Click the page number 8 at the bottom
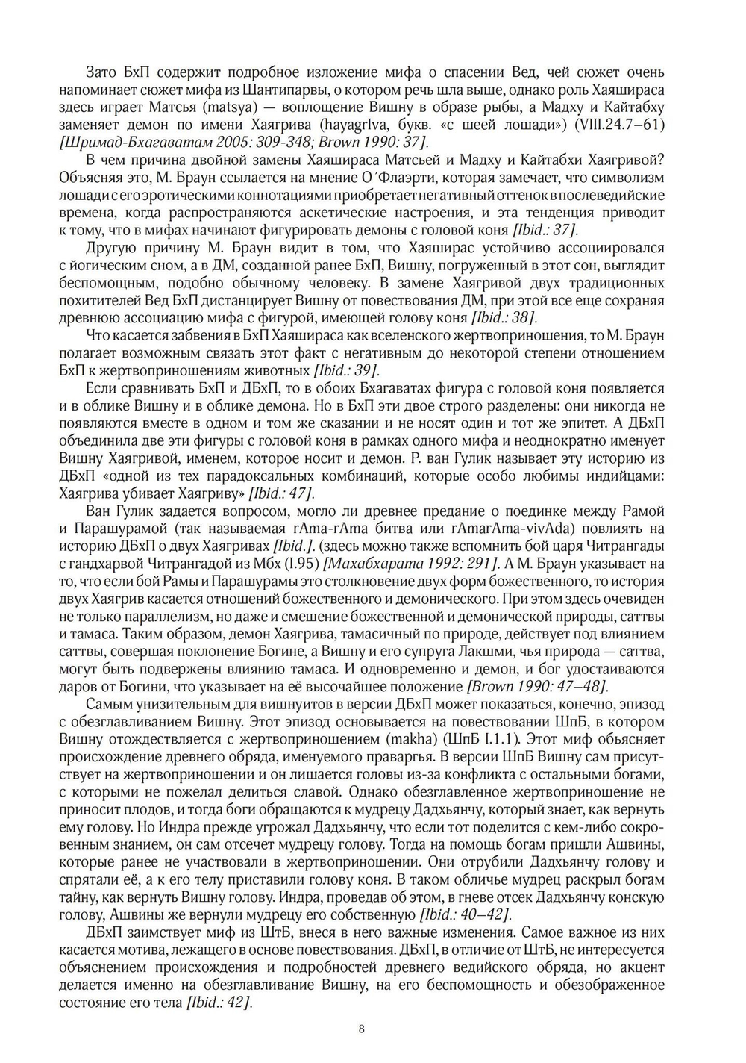click(x=362, y=1029)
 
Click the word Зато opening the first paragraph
click(x=102, y=72)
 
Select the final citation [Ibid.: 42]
click(x=219, y=1001)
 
